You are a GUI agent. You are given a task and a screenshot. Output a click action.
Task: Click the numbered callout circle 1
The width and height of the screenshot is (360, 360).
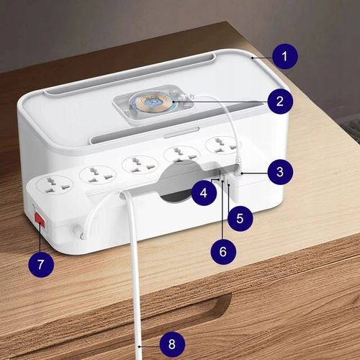coord(285,55)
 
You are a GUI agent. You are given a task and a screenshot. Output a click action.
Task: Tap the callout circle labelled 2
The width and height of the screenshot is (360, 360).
coord(279,101)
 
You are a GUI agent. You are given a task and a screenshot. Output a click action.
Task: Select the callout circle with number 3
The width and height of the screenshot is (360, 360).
coord(279,172)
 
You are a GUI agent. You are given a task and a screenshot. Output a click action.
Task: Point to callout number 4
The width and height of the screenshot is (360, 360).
coord(204,192)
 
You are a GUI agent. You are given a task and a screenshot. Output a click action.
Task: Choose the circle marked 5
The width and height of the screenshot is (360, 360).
coord(240,215)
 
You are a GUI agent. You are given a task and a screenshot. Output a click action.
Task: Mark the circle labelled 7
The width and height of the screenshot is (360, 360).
coord(41,265)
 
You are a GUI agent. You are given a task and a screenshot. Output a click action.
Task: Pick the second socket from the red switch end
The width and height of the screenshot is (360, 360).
coord(94,175)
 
